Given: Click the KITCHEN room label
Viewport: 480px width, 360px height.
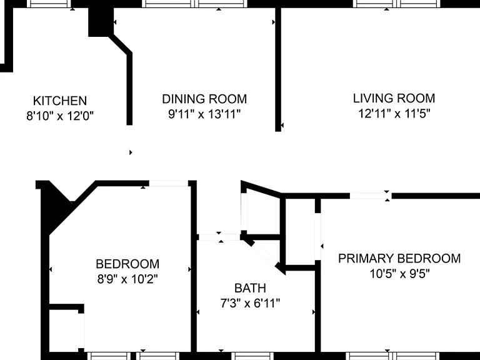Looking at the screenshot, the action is point(60,101).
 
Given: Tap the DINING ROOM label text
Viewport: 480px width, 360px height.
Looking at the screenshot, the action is point(204,99).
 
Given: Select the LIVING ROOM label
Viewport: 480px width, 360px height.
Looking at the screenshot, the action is point(394,98).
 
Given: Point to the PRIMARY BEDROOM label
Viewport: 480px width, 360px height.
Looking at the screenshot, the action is point(399,258).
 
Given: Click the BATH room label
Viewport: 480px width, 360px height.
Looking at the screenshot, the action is point(250,288).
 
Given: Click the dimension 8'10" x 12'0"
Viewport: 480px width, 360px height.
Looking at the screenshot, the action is point(60,116).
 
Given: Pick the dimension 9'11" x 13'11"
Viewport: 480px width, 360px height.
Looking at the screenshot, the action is point(204,114).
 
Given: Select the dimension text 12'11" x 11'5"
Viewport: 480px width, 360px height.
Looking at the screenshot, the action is point(394,114).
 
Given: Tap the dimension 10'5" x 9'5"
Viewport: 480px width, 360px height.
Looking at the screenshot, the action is point(399,273).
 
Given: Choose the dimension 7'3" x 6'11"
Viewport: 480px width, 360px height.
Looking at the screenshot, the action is point(250,303).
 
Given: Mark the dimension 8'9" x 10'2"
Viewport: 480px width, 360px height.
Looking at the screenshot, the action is point(127,279).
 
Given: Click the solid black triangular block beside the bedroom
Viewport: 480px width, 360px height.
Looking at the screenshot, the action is point(57,205).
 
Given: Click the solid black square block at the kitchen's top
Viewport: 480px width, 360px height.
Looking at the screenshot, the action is point(101,22).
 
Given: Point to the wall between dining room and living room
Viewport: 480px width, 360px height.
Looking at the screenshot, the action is point(278,69).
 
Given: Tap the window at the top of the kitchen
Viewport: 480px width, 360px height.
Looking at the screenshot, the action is point(49,4).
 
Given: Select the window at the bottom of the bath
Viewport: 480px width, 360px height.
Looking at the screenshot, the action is point(252,356).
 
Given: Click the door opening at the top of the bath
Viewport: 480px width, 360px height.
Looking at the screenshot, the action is point(219,237).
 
